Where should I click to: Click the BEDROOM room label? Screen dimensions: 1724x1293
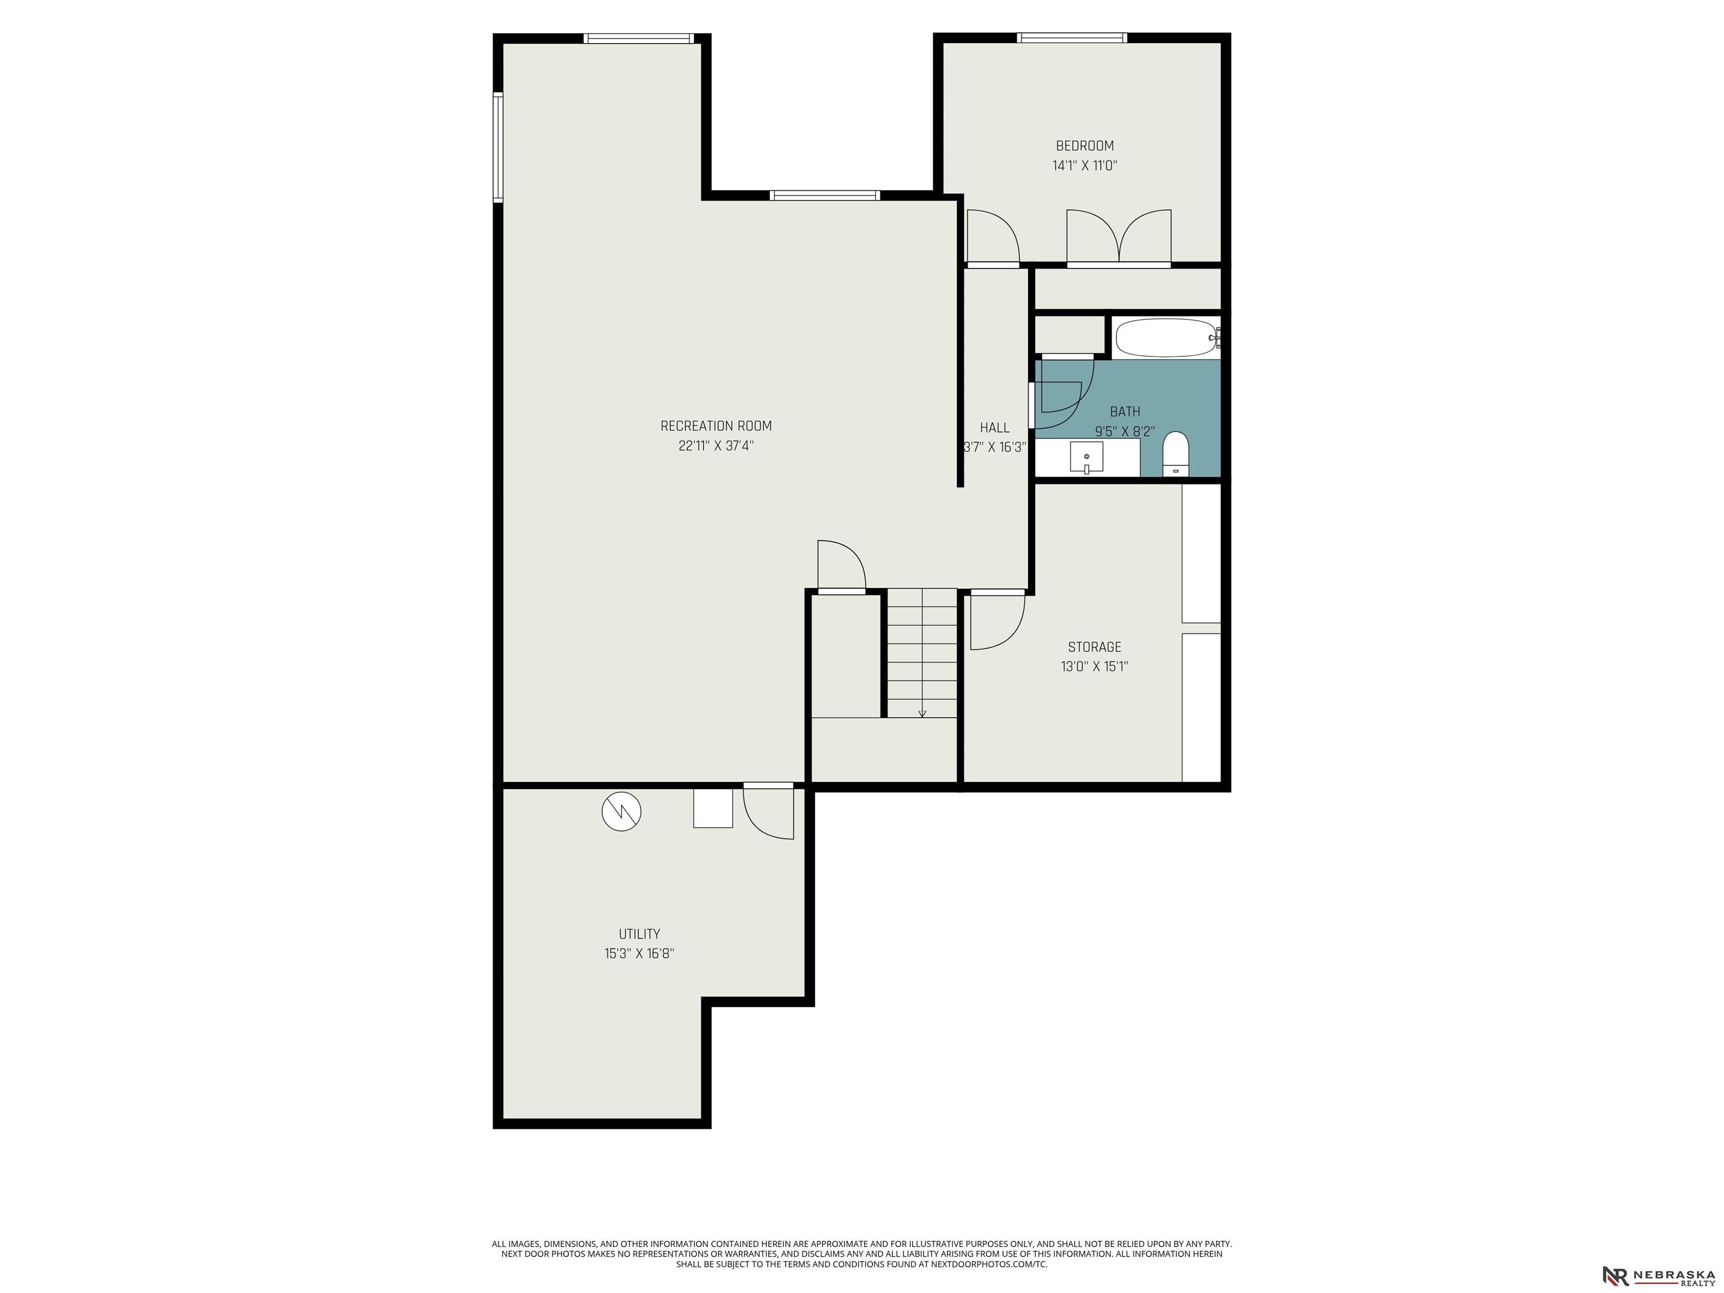(1084, 146)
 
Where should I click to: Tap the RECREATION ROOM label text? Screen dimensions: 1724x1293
(716, 427)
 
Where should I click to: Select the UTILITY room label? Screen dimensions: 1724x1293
(639, 934)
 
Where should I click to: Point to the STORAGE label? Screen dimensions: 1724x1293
(1094, 647)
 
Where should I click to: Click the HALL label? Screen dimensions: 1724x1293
(994, 428)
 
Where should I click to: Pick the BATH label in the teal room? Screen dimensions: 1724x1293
(1125, 411)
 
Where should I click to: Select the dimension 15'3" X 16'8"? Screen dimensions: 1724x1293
(639, 953)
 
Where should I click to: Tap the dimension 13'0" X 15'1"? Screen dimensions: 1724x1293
(1094, 666)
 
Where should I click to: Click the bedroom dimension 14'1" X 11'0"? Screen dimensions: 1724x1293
(1084, 165)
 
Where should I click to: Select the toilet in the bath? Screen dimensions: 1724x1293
(1175, 453)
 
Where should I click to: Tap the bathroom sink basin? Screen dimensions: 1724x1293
(1086, 457)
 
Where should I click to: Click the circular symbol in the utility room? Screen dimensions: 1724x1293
(621, 812)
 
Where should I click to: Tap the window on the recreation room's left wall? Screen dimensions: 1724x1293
(498, 147)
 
